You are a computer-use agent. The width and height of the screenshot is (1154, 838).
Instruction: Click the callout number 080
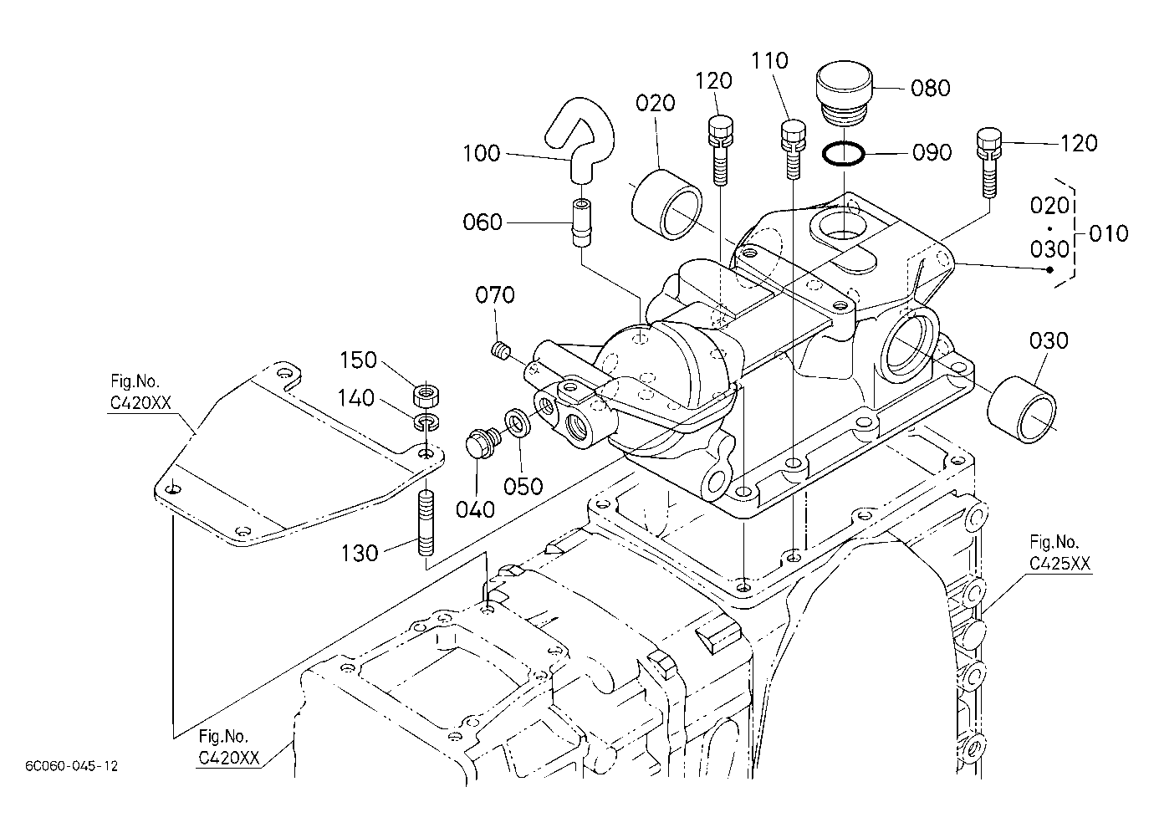coord(931,88)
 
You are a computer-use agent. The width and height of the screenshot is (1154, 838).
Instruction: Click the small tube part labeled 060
coord(583,223)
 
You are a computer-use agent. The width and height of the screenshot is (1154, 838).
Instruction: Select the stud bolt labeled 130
coord(426,522)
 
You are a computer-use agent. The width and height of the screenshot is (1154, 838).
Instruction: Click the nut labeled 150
coord(426,395)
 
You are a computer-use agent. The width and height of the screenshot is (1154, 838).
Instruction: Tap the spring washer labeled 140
coord(426,422)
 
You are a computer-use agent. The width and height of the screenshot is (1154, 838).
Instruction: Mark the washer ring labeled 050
coord(518,422)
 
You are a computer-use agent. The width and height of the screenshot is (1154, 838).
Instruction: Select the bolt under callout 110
coord(794,150)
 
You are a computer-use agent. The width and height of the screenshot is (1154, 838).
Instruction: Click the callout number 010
coord(1109,234)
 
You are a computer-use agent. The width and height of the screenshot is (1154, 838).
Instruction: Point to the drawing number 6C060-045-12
coord(72,766)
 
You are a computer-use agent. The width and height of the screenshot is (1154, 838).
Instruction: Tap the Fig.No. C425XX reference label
coord(1060,553)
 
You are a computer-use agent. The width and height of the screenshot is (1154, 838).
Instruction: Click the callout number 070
coord(494,295)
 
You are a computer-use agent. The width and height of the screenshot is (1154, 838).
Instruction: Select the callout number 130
coord(359,554)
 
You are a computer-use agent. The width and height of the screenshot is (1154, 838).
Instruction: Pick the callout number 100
coord(481,154)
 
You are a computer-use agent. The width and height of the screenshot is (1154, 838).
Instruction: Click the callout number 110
coord(769,61)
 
